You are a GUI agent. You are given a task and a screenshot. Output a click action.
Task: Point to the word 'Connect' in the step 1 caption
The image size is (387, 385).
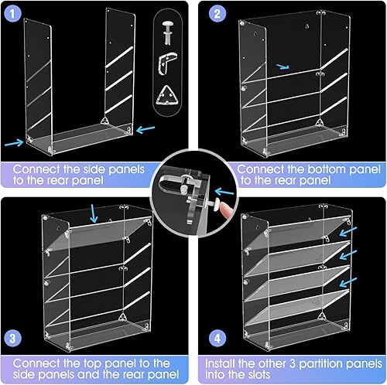43,168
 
